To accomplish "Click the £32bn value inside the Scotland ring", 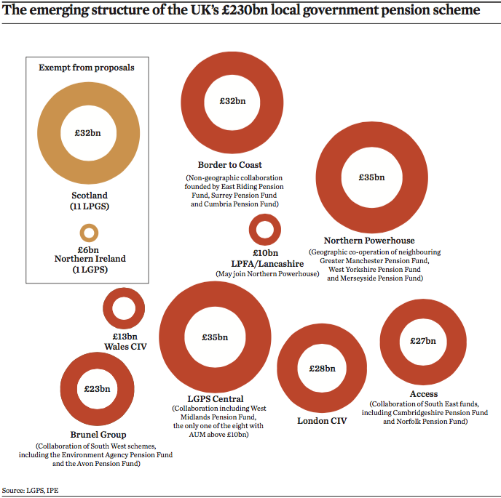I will pyautogui.click(x=88, y=133).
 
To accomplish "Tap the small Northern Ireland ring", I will pyautogui.click(x=89, y=233).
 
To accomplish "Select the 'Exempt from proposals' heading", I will pyautogui.click(x=86, y=68).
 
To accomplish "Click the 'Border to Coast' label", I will pyautogui.click(x=230, y=165).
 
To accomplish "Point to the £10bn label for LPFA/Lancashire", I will pyautogui.click(x=266, y=252).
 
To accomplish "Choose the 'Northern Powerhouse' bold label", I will pyautogui.click(x=369, y=241).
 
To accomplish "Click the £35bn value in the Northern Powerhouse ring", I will pyautogui.click(x=371, y=177).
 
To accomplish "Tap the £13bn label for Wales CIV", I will pyautogui.click(x=125, y=337).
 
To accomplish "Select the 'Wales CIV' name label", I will pyautogui.click(x=125, y=347).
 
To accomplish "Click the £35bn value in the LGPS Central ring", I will pyautogui.click(x=215, y=337).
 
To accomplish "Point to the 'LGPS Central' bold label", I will pyautogui.click(x=215, y=398).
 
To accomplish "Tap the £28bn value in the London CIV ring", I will pyautogui.click(x=322, y=369).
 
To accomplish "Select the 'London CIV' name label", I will pyautogui.click(x=321, y=421).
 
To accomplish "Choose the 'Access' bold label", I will pyautogui.click(x=424, y=394).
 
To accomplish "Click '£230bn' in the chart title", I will pyautogui.click(x=240, y=10).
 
